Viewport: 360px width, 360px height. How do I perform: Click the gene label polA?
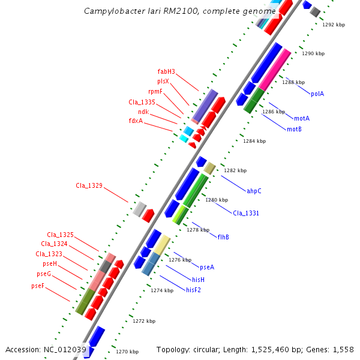[x=317, y=94]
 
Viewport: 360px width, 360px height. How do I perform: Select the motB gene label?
[x=294, y=129]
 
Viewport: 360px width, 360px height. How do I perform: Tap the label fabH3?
[x=166, y=72]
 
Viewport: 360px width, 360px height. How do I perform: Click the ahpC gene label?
[x=254, y=191]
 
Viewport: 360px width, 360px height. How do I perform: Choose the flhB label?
[x=223, y=237]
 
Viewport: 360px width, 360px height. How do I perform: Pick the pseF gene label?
[x=38, y=286]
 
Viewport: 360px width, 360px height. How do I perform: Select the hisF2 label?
[x=193, y=290]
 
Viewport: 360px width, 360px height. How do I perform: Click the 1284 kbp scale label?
[x=253, y=142]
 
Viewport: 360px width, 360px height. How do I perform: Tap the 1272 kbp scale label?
[x=143, y=321]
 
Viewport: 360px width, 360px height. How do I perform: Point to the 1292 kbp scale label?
[x=334, y=25]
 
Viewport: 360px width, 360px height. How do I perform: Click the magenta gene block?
[x=275, y=71]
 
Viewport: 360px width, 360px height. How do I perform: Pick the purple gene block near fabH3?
[x=205, y=106]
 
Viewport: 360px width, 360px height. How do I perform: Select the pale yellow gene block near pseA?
[x=161, y=244]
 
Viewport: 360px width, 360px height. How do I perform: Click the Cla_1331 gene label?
[x=246, y=213]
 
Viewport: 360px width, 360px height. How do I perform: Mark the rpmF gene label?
[x=155, y=91]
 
